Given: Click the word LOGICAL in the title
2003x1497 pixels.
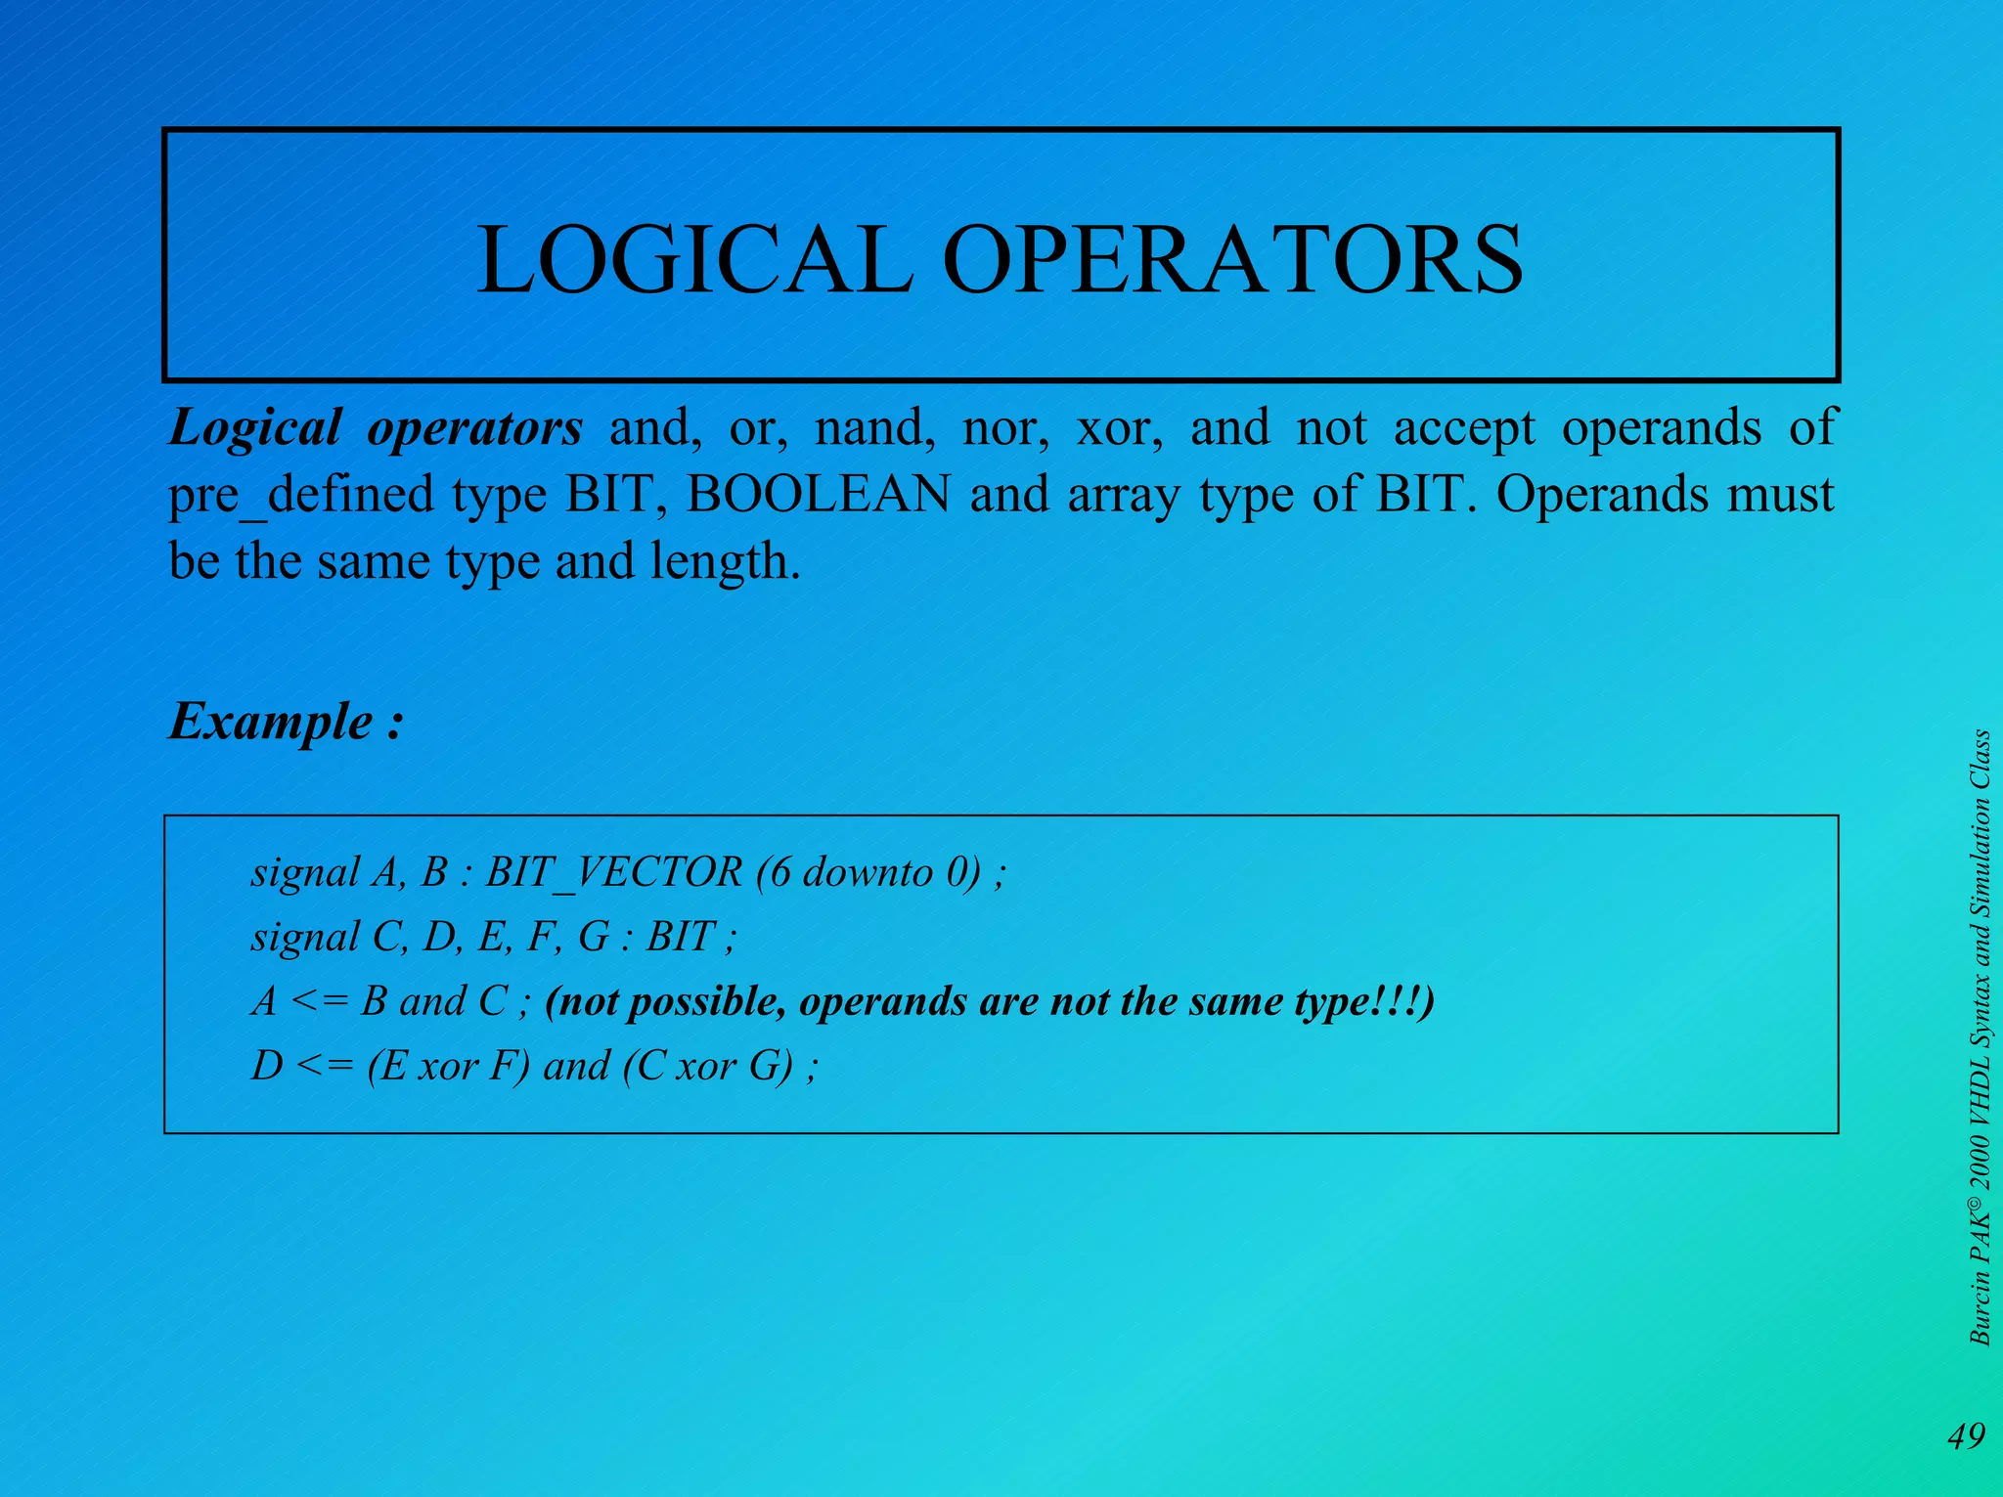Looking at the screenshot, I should point(694,260).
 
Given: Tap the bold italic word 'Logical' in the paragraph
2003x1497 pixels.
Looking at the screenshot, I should point(255,428).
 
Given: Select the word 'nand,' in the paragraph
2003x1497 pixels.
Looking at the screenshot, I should point(874,428).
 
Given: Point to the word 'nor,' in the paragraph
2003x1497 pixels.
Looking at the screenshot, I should point(1005,428).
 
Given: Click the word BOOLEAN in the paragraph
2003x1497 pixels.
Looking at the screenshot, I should point(818,494).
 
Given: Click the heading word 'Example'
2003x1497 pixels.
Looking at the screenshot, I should point(271,722).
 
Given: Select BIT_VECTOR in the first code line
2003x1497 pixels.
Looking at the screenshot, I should point(614,872).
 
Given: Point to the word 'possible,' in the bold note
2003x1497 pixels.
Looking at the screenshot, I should point(706,1002).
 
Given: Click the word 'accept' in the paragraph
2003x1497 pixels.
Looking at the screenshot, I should point(1464,428).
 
